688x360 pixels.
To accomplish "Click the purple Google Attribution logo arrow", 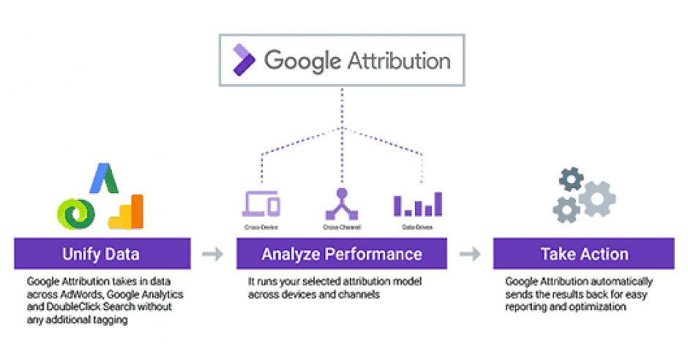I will (x=244, y=59).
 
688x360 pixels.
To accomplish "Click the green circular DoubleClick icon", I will (x=76, y=212).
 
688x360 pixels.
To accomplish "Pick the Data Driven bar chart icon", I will (x=418, y=204).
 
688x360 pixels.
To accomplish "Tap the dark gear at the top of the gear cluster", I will (x=572, y=179).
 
